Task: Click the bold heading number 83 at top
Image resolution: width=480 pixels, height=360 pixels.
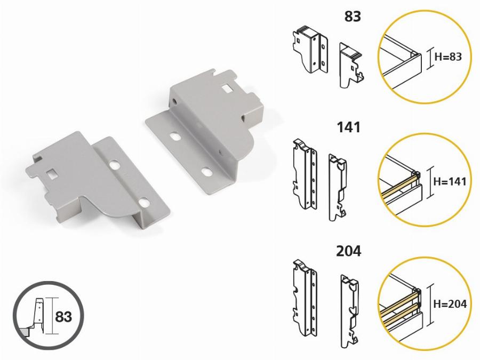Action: pyautogui.click(x=353, y=17)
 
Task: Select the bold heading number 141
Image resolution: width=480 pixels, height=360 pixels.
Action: pyautogui.click(x=349, y=127)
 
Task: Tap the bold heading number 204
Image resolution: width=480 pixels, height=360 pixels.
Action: pyautogui.click(x=349, y=251)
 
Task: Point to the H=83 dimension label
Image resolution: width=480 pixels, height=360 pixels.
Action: pyautogui.click(x=448, y=57)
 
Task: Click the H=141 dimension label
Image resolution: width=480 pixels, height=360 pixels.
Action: pyautogui.click(x=450, y=181)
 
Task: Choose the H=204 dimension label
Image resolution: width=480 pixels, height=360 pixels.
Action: pyautogui.click(x=450, y=304)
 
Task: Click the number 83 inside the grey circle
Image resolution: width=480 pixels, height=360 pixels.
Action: pyautogui.click(x=63, y=316)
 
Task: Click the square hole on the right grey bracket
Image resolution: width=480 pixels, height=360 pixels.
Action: pyautogui.click(x=227, y=89)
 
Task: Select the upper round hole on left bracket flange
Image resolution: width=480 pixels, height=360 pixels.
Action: pyautogui.click(x=115, y=165)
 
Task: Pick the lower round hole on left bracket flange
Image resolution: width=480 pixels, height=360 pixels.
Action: pyautogui.click(x=144, y=202)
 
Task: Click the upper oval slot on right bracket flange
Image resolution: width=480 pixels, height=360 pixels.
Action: pyautogui.click(x=175, y=136)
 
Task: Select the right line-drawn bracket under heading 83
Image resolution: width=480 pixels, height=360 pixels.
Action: pyautogui.click(x=351, y=65)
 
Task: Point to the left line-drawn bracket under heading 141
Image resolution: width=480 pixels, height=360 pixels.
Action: pyautogui.click(x=305, y=174)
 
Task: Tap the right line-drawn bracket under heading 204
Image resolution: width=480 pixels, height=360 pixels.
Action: pyautogui.click(x=350, y=311)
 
